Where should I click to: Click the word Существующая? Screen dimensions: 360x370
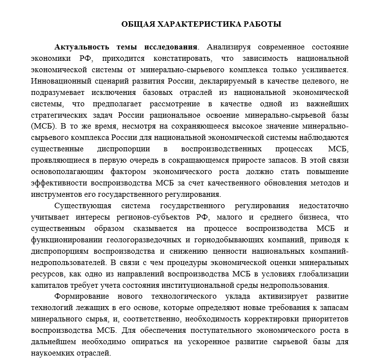pyautogui.click(x=82, y=206)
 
